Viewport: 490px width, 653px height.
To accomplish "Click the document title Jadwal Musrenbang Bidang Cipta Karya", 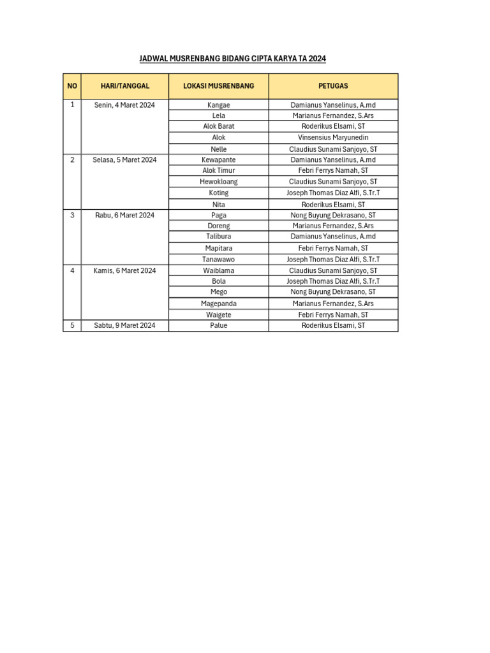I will [x=232, y=59].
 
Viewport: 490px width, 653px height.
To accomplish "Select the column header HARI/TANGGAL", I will [x=125, y=86].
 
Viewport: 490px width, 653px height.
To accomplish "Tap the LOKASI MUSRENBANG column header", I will [x=219, y=86].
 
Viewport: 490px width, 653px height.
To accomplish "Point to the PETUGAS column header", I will [x=333, y=86].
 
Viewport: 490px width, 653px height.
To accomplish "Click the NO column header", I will [x=72, y=86].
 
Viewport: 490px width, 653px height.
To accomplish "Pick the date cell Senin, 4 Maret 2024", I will [x=124, y=105].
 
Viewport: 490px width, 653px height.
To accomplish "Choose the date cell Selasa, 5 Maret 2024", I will [x=124, y=159].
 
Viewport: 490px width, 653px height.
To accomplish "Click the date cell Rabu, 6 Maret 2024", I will [x=124, y=215].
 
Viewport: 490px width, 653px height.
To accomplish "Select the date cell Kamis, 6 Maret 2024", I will [x=124, y=270].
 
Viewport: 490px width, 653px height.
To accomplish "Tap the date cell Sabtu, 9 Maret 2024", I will [x=124, y=325].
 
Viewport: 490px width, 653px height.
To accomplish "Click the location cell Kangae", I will [x=219, y=105].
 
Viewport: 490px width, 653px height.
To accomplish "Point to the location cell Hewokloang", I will [x=219, y=182].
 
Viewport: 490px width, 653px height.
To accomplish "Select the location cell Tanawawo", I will [x=219, y=260].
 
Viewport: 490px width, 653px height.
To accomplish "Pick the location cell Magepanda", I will [x=219, y=304].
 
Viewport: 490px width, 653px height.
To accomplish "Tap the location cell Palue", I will [x=219, y=325].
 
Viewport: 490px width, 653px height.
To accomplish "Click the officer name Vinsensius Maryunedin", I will [x=333, y=137].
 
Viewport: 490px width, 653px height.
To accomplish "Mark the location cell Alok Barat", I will [x=219, y=126].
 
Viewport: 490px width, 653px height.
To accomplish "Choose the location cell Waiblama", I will [x=219, y=270].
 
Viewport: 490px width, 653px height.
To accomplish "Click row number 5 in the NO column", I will [x=72, y=325].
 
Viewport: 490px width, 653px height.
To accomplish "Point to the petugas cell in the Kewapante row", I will [x=333, y=159].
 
